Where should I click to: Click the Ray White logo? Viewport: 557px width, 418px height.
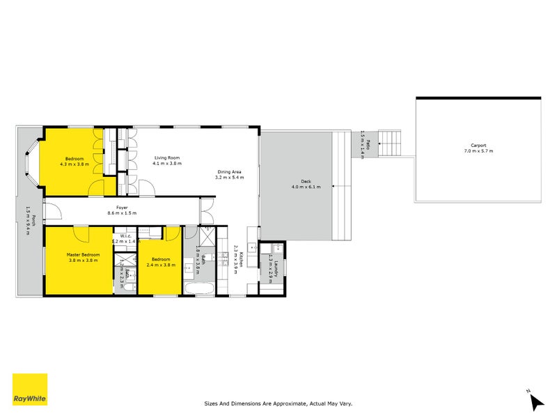[x=30, y=389]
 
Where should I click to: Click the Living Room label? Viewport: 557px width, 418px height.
[x=167, y=158]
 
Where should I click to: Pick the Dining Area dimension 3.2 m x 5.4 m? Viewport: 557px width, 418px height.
[x=230, y=178]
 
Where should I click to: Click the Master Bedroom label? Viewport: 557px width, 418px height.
[x=83, y=255]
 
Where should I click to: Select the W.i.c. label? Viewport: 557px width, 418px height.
[x=126, y=235]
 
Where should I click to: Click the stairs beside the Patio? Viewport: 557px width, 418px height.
[x=390, y=144]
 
